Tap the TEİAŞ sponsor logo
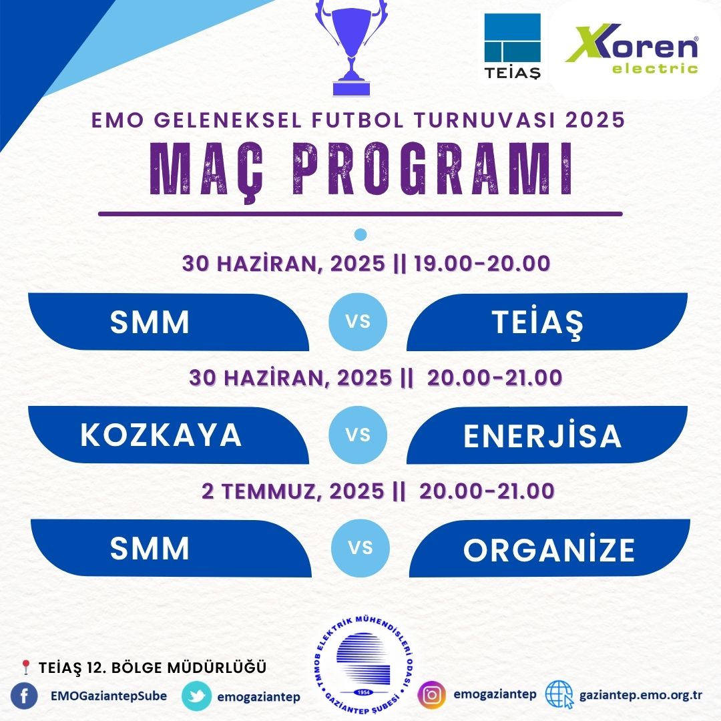tap(512, 46)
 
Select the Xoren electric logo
tap(632, 49)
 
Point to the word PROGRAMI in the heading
tap(433, 170)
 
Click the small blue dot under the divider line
tap(360, 235)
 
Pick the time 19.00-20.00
tap(482, 264)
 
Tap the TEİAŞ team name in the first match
tap(537, 322)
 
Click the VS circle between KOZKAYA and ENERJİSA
tap(358, 435)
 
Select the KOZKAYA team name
tap(161, 435)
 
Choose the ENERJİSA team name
tap(543, 435)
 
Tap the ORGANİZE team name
tap(549, 549)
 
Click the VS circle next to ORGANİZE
tap(360, 548)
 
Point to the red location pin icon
tap(26, 667)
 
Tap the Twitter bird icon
tap(197, 696)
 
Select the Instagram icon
tap(432, 695)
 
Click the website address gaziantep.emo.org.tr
tap(641, 695)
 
